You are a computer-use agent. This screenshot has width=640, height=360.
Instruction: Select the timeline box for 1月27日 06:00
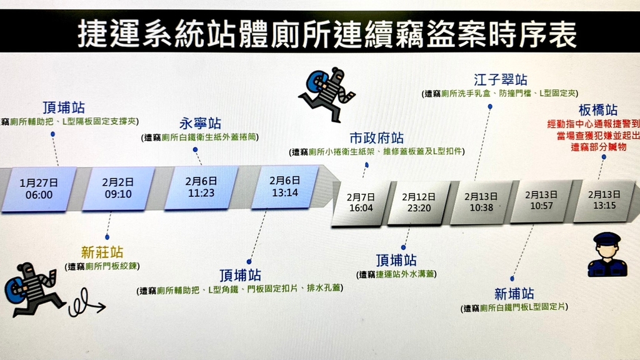click(x=39, y=189)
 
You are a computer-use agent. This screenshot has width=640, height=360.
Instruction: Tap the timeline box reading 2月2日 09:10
click(x=118, y=188)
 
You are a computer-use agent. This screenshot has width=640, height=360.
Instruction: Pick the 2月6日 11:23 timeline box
click(x=201, y=187)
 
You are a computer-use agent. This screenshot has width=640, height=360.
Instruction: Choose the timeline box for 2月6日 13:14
click(x=285, y=186)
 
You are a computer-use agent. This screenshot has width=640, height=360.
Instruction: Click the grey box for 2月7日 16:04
click(x=361, y=203)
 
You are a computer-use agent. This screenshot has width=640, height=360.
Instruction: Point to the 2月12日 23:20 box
click(x=419, y=202)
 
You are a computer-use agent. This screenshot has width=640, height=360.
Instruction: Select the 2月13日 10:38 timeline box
click(x=481, y=202)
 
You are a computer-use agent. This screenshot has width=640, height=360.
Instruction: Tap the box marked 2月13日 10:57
click(x=541, y=201)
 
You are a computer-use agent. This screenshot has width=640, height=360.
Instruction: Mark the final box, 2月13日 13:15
click(x=604, y=200)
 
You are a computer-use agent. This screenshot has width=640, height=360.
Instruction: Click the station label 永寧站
click(x=200, y=123)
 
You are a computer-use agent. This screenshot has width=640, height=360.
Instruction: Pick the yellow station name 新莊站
click(x=102, y=252)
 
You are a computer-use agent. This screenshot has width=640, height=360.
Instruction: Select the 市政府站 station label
click(x=376, y=138)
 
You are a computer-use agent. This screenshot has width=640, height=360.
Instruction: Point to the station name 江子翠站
click(x=501, y=79)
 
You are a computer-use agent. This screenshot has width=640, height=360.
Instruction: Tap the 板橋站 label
click(x=598, y=110)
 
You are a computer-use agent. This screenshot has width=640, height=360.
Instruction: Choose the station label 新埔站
click(x=514, y=294)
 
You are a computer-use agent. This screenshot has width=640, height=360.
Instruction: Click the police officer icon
click(x=607, y=255)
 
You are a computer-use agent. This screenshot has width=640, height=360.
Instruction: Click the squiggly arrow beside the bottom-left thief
click(x=86, y=304)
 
